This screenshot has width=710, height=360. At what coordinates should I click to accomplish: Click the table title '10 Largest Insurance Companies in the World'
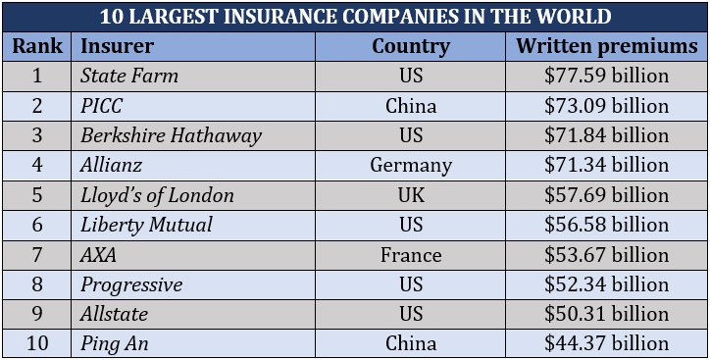355,17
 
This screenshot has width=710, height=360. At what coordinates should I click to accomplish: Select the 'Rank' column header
37,46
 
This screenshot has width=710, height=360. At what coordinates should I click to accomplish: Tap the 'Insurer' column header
116,46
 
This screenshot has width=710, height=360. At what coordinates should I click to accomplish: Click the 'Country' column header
411,46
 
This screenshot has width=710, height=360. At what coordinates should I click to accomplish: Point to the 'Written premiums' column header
606,46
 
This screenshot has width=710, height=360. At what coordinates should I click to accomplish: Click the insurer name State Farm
129,76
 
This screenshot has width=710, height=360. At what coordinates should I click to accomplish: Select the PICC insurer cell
102,105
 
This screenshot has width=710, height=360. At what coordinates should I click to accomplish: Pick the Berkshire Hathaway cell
171,135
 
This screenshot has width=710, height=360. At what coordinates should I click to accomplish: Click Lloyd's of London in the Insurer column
157,195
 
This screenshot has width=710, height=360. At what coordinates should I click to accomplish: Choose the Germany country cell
411,165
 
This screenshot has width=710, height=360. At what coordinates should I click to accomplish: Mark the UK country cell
411,195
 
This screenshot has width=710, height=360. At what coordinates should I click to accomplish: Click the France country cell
411,255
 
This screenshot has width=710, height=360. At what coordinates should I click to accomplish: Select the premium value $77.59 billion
606,76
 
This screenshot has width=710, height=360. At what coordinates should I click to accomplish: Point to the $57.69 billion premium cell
606,195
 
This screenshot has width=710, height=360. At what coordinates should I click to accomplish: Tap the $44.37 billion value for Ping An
606,343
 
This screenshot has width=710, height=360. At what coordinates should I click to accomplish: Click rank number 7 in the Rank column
37,255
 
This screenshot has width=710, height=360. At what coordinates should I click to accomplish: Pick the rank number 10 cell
37,343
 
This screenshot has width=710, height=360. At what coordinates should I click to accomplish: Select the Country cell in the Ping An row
411,343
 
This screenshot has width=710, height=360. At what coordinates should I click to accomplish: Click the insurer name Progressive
131,284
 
